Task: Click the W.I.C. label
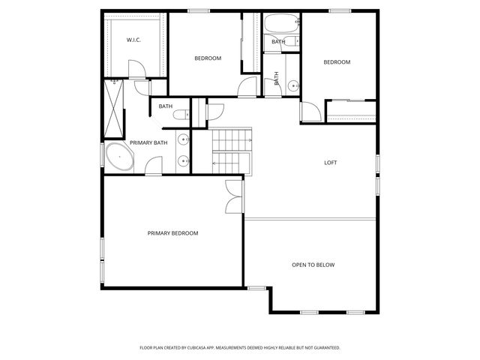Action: (134, 40)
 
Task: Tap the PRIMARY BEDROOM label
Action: (172, 233)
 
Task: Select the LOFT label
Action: (330, 163)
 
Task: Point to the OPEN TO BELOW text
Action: (313, 265)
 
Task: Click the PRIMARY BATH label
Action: (148, 142)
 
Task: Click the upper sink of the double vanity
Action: (183, 139)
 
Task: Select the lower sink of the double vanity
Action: (183, 160)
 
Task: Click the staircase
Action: (232, 150)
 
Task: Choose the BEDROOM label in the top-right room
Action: (337, 62)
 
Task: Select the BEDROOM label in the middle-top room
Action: (208, 58)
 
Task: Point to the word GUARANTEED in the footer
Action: (323, 348)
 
